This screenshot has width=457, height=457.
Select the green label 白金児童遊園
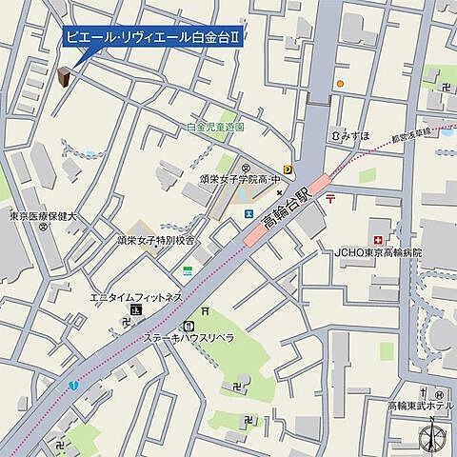tap(215, 127)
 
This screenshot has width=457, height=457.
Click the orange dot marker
tap(338, 83)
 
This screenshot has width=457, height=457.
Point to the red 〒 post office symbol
tap(329, 199)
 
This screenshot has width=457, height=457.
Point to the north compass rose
tap(432, 434)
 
